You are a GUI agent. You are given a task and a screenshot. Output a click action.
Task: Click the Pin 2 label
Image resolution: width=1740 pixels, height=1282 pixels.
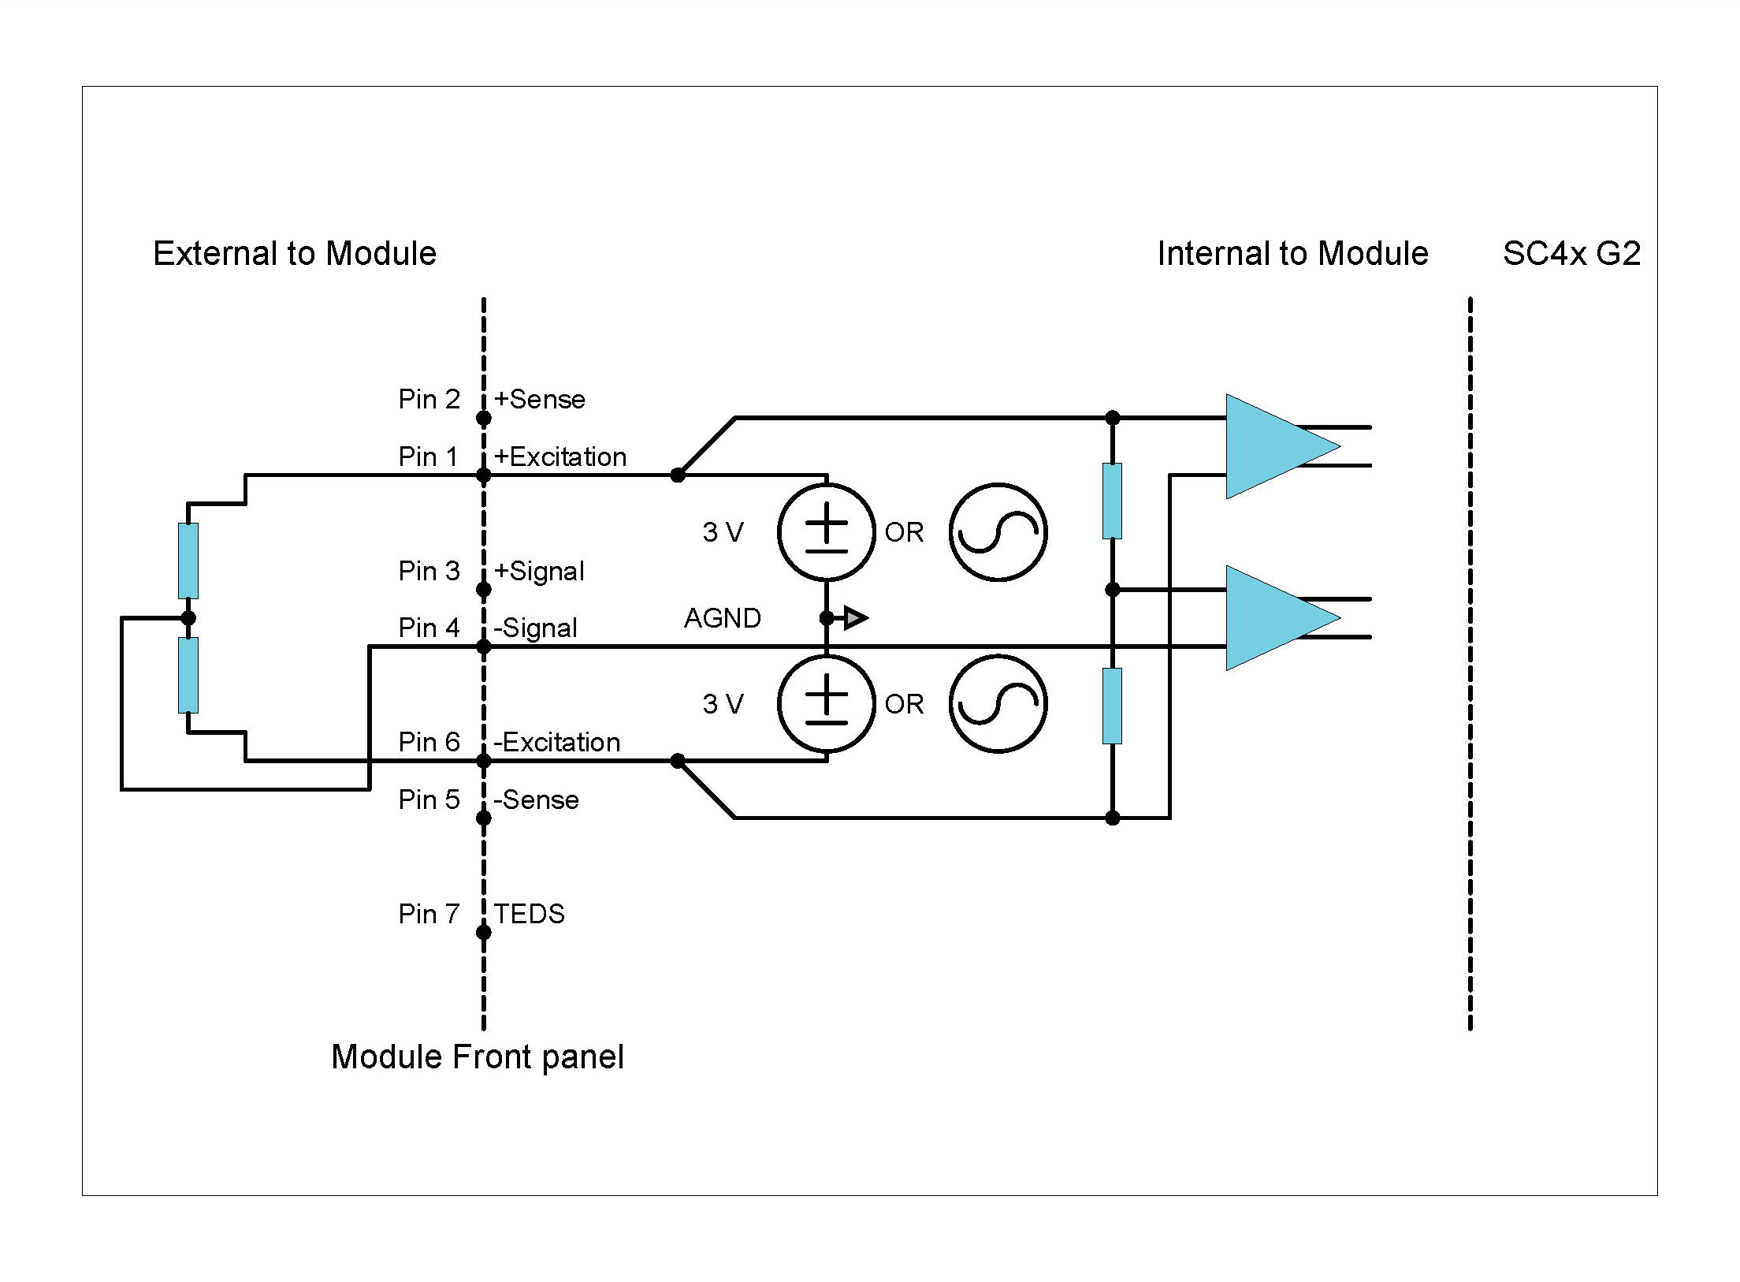(428, 399)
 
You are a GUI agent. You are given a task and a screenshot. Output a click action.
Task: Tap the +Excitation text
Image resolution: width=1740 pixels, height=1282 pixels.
(560, 457)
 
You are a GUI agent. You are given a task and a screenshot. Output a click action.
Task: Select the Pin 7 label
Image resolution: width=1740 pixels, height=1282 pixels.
(428, 914)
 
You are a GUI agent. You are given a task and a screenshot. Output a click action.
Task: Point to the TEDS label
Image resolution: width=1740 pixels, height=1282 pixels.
(529, 914)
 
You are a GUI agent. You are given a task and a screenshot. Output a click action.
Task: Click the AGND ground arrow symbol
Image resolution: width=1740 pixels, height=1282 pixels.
(855, 618)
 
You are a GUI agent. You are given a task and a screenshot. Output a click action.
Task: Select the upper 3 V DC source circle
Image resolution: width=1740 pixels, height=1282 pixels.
(826, 532)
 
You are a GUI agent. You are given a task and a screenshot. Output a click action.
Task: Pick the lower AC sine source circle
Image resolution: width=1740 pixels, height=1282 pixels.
(998, 704)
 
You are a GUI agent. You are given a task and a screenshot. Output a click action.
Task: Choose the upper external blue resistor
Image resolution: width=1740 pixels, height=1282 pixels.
(188, 561)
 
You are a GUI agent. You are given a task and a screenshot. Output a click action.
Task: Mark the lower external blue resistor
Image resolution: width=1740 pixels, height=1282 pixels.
(188, 675)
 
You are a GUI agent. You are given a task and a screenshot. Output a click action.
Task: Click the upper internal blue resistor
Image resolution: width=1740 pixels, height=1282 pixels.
(1112, 501)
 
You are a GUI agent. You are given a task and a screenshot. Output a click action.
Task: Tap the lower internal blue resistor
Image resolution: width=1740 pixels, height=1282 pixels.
(1112, 706)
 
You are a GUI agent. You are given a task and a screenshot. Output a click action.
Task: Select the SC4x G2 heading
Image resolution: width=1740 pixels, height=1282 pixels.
(1571, 254)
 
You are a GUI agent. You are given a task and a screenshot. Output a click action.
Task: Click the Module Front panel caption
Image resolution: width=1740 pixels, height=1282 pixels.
(477, 1057)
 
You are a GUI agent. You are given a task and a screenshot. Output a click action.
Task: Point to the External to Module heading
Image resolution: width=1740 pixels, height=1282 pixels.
(294, 254)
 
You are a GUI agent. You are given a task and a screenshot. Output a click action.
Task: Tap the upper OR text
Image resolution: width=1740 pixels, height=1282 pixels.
(904, 532)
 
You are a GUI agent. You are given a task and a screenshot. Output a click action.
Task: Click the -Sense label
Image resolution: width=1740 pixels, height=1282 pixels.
(536, 799)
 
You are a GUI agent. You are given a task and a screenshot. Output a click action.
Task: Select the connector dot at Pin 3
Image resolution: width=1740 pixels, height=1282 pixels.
(484, 590)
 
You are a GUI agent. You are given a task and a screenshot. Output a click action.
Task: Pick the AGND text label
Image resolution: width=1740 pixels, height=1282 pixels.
(722, 618)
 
